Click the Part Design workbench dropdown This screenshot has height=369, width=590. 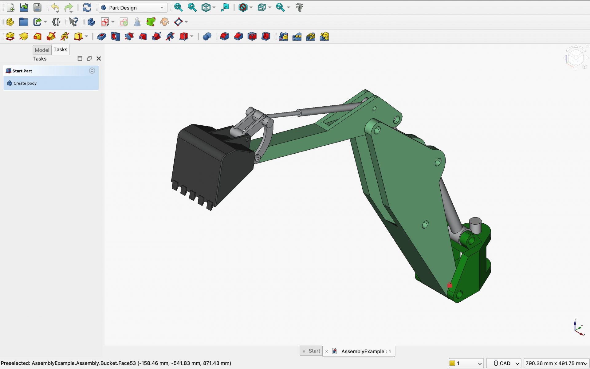tap(133, 8)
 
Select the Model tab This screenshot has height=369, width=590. tap(42, 50)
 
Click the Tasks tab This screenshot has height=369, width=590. tap(60, 49)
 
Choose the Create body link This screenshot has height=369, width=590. tap(25, 83)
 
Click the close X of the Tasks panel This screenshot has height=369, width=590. tap(99, 58)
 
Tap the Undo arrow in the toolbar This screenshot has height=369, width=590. tap(55, 7)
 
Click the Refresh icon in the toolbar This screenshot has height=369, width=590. tap(87, 7)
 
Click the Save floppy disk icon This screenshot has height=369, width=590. tap(37, 7)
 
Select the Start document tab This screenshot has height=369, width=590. tap(314, 351)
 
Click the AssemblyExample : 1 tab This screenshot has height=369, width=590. tap(366, 351)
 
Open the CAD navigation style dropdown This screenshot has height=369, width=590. tap(504, 363)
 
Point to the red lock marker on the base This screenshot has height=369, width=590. tap(450, 285)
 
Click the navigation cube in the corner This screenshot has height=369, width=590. tap(576, 57)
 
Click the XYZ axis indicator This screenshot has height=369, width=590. tap(578, 328)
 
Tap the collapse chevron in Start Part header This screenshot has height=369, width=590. tap(92, 71)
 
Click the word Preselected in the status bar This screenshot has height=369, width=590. tap(15, 363)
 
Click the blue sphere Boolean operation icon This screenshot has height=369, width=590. tap(207, 37)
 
